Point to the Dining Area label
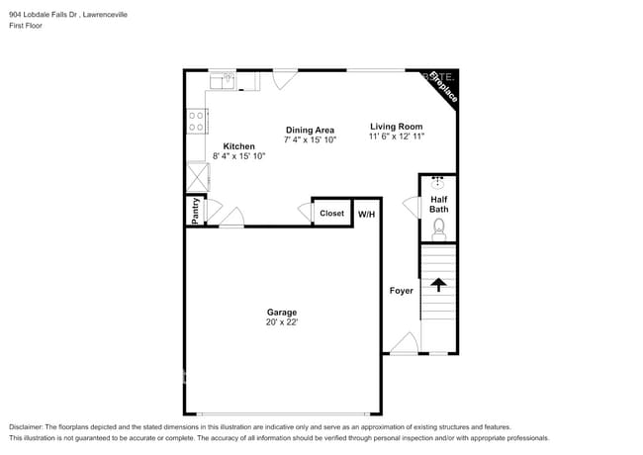point(310,130)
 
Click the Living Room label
point(397,126)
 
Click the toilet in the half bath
point(439,229)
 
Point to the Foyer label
point(401,291)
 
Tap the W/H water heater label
point(366,214)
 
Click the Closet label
point(331,214)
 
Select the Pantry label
point(195,212)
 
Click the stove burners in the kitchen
point(197,121)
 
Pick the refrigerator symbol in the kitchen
point(198,177)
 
